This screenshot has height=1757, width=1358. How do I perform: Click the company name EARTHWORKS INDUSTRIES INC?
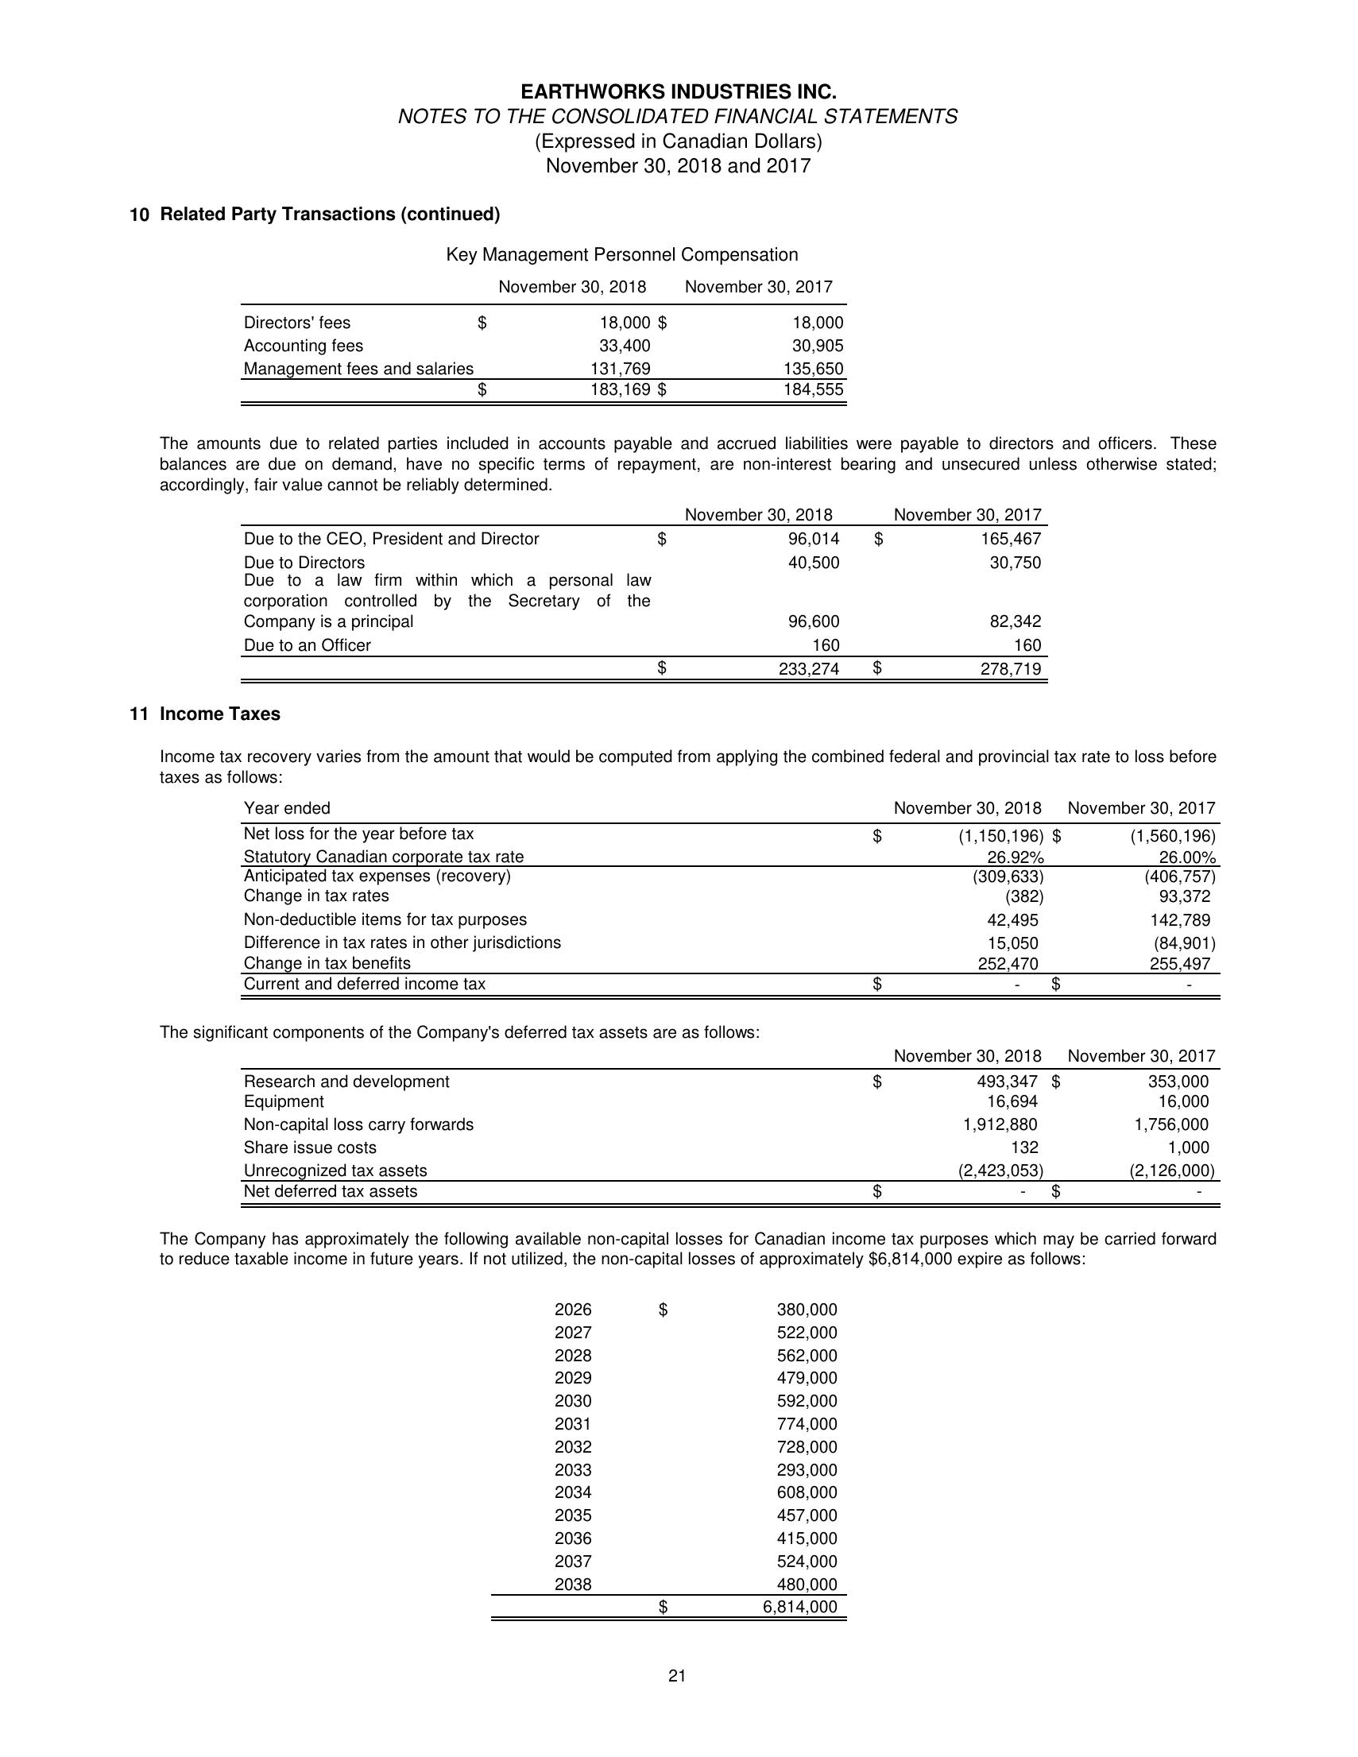coord(678,91)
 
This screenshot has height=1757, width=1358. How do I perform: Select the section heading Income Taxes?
coord(219,714)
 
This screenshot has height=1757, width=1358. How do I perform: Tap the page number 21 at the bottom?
coord(676,1676)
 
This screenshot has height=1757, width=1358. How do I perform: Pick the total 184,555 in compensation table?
coord(814,390)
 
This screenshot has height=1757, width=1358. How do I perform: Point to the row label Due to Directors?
coord(304,563)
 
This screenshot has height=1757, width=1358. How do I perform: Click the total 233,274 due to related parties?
coord(809,668)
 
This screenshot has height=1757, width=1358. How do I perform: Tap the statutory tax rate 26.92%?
coord(1016,857)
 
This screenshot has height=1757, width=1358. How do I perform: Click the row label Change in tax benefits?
coord(327,963)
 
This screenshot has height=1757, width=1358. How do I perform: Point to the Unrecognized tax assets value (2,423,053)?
coord(1000,1171)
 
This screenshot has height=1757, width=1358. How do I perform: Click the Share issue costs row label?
coord(310,1147)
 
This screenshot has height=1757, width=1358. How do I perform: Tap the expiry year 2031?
coord(573,1424)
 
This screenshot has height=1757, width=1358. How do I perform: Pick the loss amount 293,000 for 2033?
coord(806,1470)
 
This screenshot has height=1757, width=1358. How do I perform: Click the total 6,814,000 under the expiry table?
coord(799,1608)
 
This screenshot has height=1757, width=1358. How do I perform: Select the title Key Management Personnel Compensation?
coord(622,255)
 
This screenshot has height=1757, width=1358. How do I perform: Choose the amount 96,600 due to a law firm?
coord(814,621)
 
